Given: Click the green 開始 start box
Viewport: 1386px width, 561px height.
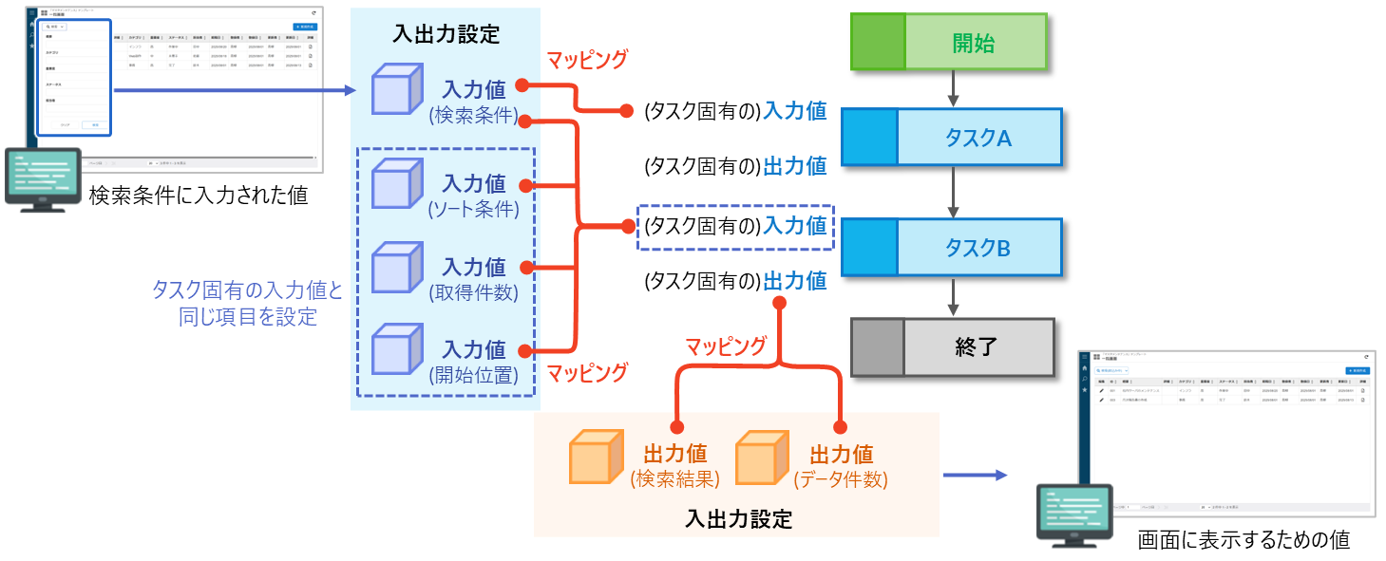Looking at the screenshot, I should tap(949, 43).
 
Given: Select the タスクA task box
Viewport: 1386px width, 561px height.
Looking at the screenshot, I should tap(951, 138).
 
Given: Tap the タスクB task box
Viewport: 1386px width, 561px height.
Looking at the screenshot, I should tap(951, 248).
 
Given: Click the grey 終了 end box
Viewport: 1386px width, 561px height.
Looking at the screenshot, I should tap(952, 346).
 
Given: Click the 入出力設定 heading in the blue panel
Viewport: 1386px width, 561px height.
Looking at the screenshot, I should tap(446, 35).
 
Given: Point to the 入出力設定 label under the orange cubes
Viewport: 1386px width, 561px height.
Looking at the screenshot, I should tap(737, 519).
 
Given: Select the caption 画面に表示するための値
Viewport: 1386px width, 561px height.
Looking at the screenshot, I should tap(1244, 540).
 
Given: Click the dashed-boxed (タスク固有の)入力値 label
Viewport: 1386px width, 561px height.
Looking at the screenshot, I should tap(734, 227).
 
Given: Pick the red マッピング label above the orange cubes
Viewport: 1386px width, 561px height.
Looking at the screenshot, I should tap(726, 346).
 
